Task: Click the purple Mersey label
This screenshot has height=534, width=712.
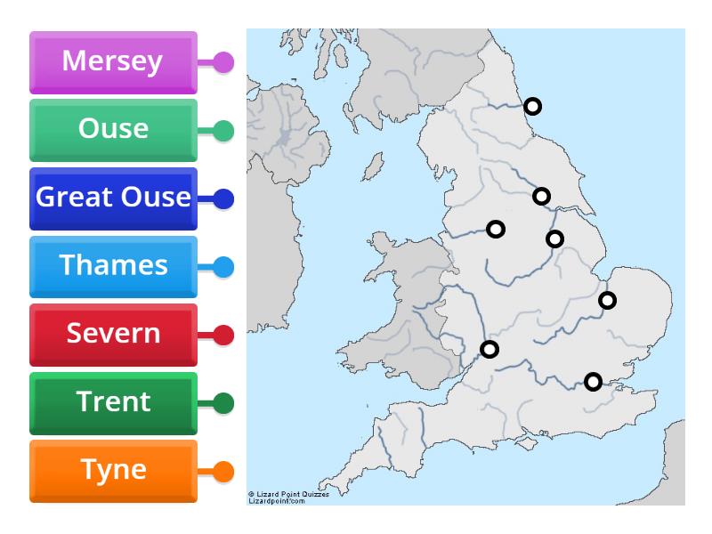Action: tap(113, 62)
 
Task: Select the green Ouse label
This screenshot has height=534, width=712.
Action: tap(113, 130)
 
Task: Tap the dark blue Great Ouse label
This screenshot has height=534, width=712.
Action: tap(113, 198)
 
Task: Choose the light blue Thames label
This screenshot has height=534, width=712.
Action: tap(113, 266)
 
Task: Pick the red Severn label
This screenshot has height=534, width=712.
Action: tap(113, 335)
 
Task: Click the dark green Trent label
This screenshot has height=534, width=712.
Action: tap(113, 402)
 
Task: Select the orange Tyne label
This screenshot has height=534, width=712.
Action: tap(113, 471)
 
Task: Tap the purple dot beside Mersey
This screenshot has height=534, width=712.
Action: tap(223, 62)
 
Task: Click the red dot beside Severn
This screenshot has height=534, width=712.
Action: tap(223, 335)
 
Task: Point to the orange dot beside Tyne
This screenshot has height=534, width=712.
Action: tap(223, 471)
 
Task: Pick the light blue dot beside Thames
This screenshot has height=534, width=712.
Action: tap(223, 266)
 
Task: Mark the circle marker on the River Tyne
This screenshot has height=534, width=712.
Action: tap(532, 106)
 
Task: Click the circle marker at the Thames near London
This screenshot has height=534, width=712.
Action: tap(593, 382)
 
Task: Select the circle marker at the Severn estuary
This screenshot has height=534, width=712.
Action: tap(489, 349)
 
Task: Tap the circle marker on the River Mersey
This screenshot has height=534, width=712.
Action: tap(496, 229)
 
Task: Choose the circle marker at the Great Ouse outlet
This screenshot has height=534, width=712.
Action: tap(607, 300)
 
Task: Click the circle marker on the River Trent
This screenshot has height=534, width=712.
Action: tap(554, 239)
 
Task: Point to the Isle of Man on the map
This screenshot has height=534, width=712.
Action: tap(373, 166)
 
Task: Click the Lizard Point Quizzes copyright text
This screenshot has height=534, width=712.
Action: tap(288, 498)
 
